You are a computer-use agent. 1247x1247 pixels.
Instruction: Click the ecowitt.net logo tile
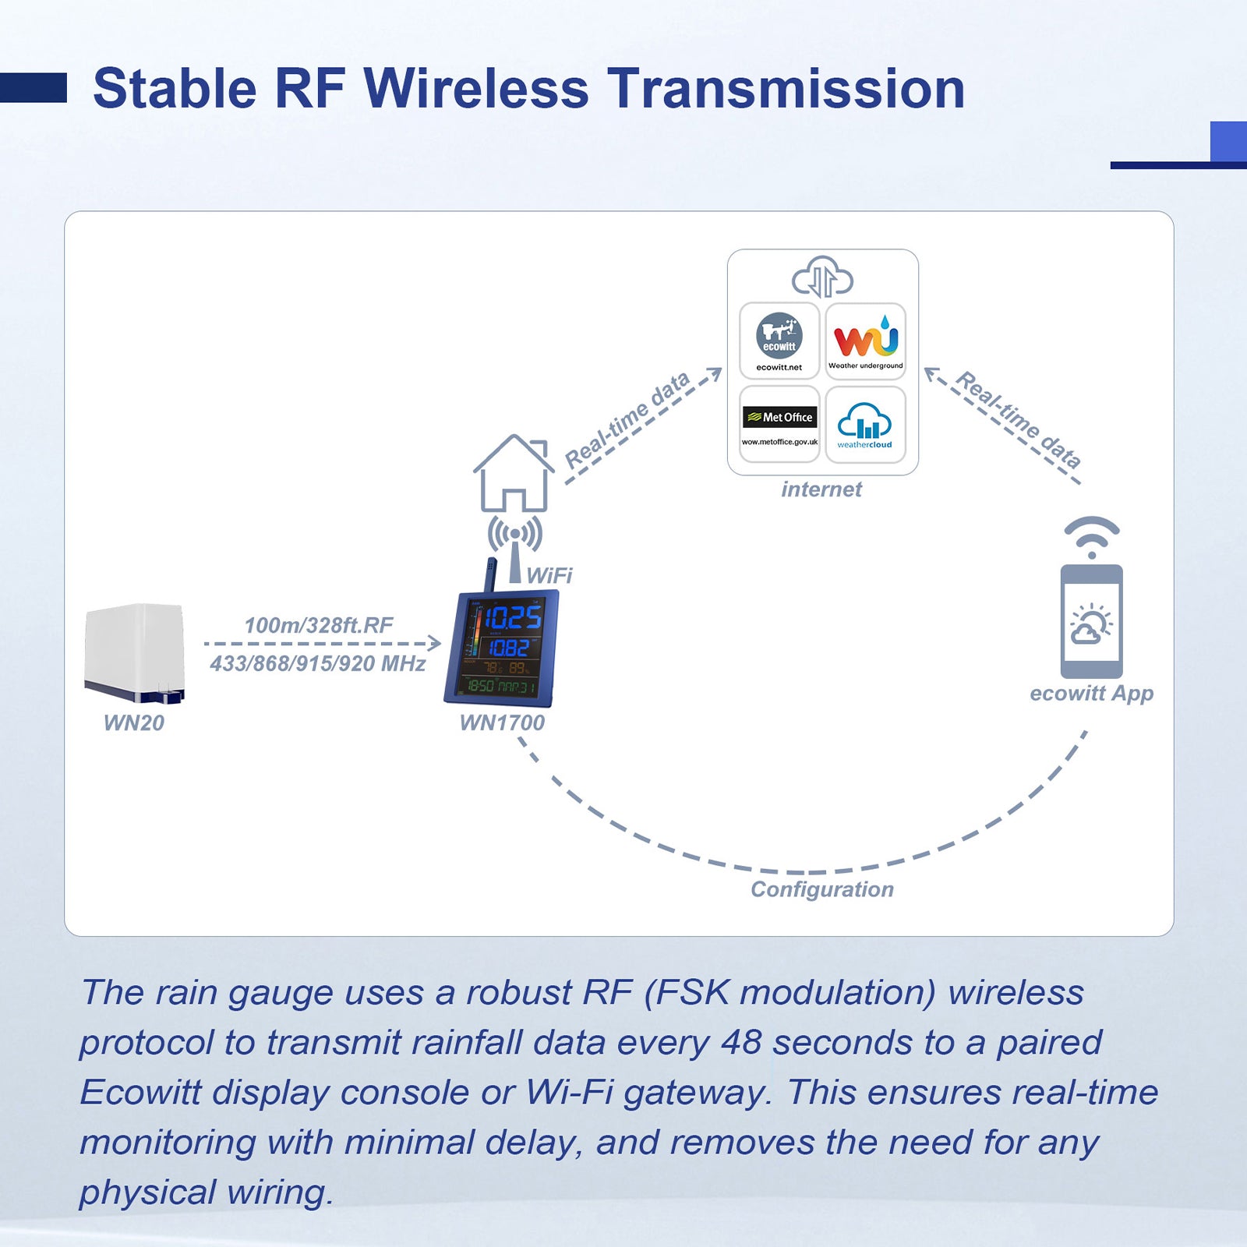(x=779, y=341)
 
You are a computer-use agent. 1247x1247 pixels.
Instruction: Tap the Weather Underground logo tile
(x=865, y=341)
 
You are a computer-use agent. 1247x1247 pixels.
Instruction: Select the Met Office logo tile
(x=779, y=424)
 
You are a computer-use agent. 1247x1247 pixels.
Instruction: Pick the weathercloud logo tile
(x=865, y=424)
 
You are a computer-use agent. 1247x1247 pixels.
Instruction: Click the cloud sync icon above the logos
(x=822, y=277)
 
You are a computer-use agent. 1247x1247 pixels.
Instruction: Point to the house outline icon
(x=513, y=473)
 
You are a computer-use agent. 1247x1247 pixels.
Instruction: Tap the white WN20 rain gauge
(x=135, y=653)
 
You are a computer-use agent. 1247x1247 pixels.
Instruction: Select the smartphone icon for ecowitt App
(x=1091, y=621)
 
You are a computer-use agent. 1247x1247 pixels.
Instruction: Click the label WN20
(x=134, y=723)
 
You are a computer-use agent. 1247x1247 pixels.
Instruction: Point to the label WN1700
(x=502, y=723)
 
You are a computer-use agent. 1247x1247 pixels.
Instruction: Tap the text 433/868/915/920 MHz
(x=318, y=664)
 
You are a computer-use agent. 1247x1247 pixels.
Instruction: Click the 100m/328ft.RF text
(x=319, y=625)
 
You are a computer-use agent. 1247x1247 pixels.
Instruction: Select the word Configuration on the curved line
(x=822, y=889)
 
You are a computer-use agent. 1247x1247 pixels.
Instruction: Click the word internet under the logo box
(x=821, y=489)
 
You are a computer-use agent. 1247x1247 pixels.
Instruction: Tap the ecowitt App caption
(x=1091, y=694)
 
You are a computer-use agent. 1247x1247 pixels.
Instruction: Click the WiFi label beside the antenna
(x=549, y=576)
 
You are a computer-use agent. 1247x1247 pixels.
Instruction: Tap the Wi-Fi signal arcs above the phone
(x=1092, y=535)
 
